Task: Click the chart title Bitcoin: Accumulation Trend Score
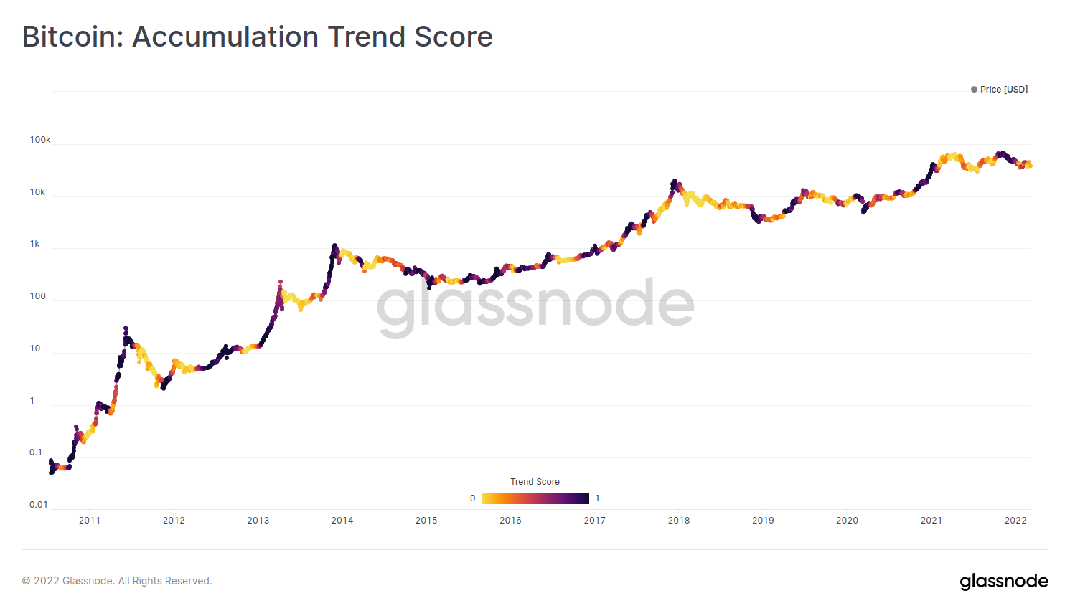pyautogui.click(x=257, y=37)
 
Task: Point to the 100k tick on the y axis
pyautogui.click(x=40, y=140)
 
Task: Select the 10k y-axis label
pyautogui.click(x=37, y=192)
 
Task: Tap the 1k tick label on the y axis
pyautogui.click(x=34, y=244)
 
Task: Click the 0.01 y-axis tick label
pyautogui.click(x=39, y=505)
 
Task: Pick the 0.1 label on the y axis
pyautogui.click(x=36, y=453)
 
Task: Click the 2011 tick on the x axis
pyautogui.click(x=90, y=521)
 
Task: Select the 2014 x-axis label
pyautogui.click(x=342, y=521)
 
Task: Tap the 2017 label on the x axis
pyautogui.click(x=595, y=521)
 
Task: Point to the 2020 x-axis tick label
pyautogui.click(x=848, y=521)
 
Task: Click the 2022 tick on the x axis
pyautogui.click(x=1015, y=521)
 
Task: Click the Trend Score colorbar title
pyautogui.click(x=535, y=482)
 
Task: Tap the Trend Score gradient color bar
pyautogui.click(x=535, y=498)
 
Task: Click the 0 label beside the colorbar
pyautogui.click(x=472, y=498)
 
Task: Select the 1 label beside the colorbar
pyautogui.click(x=597, y=498)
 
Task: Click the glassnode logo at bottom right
pyautogui.click(x=1004, y=581)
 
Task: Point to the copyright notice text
pyautogui.click(x=117, y=581)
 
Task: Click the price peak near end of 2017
pyautogui.click(x=675, y=181)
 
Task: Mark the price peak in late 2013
pyautogui.click(x=334, y=246)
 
